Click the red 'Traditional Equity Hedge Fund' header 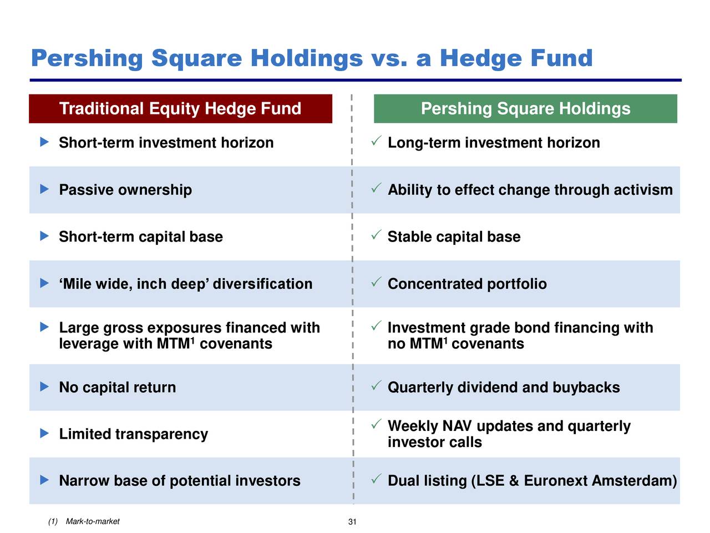click(x=180, y=109)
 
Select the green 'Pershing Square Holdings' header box click(x=525, y=109)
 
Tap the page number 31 click(x=352, y=522)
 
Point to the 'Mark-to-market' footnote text click(x=93, y=521)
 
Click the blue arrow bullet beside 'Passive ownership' click(x=44, y=189)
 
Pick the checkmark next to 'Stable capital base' click(x=376, y=235)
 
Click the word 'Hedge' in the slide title click(x=481, y=58)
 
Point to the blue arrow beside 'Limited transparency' click(x=44, y=433)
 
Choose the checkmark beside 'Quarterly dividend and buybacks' click(x=376, y=385)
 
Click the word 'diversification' click(x=263, y=284)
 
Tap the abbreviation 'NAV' click(x=457, y=426)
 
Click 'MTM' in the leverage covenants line click(x=174, y=344)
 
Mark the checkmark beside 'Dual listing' click(x=376, y=479)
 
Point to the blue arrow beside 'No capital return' click(x=44, y=386)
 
